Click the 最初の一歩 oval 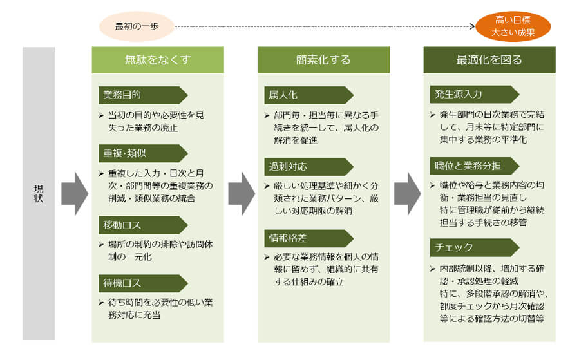click(x=137, y=26)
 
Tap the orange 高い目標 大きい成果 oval click(x=513, y=26)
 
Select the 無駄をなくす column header click(x=158, y=60)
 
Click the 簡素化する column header click(x=323, y=60)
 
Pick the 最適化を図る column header click(x=489, y=60)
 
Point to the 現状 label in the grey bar click(x=39, y=193)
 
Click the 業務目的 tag click(x=143, y=95)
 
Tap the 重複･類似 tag click(x=143, y=153)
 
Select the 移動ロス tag click(x=143, y=225)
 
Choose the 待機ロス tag click(x=143, y=283)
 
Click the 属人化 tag click(x=308, y=95)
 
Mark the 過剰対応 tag click(x=308, y=167)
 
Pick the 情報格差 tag click(x=308, y=238)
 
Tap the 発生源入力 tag click(x=475, y=94)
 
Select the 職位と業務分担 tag click(x=475, y=166)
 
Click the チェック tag click(x=475, y=247)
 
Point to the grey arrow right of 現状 click(x=75, y=193)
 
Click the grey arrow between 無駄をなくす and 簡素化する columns click(x=242, y=193)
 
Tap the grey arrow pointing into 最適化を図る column click(x=407, y=193)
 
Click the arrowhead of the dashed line click(x=472, y=26)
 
